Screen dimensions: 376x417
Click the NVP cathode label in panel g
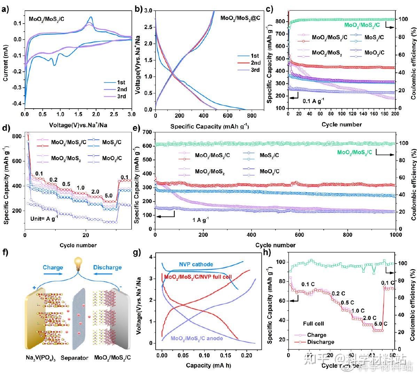click(x=196, y=265)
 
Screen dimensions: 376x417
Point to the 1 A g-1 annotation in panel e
click(x=192, y=220)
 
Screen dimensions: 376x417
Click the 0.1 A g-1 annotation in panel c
click(x=314, y=101)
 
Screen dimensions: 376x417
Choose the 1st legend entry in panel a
click(x=121, y=83)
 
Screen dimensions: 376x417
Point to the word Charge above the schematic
click(x=53, y=267)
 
